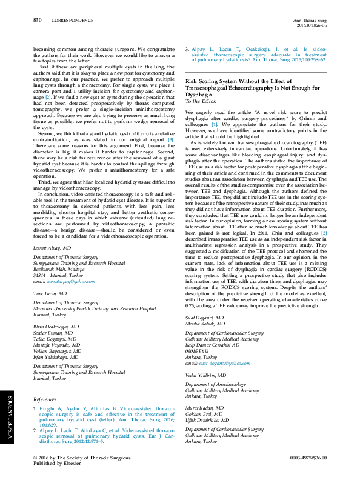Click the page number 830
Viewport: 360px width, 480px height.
(x=37, y=20)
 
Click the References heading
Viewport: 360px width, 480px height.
(x=45, y=399)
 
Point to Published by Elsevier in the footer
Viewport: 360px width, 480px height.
(x=60, y=464)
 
